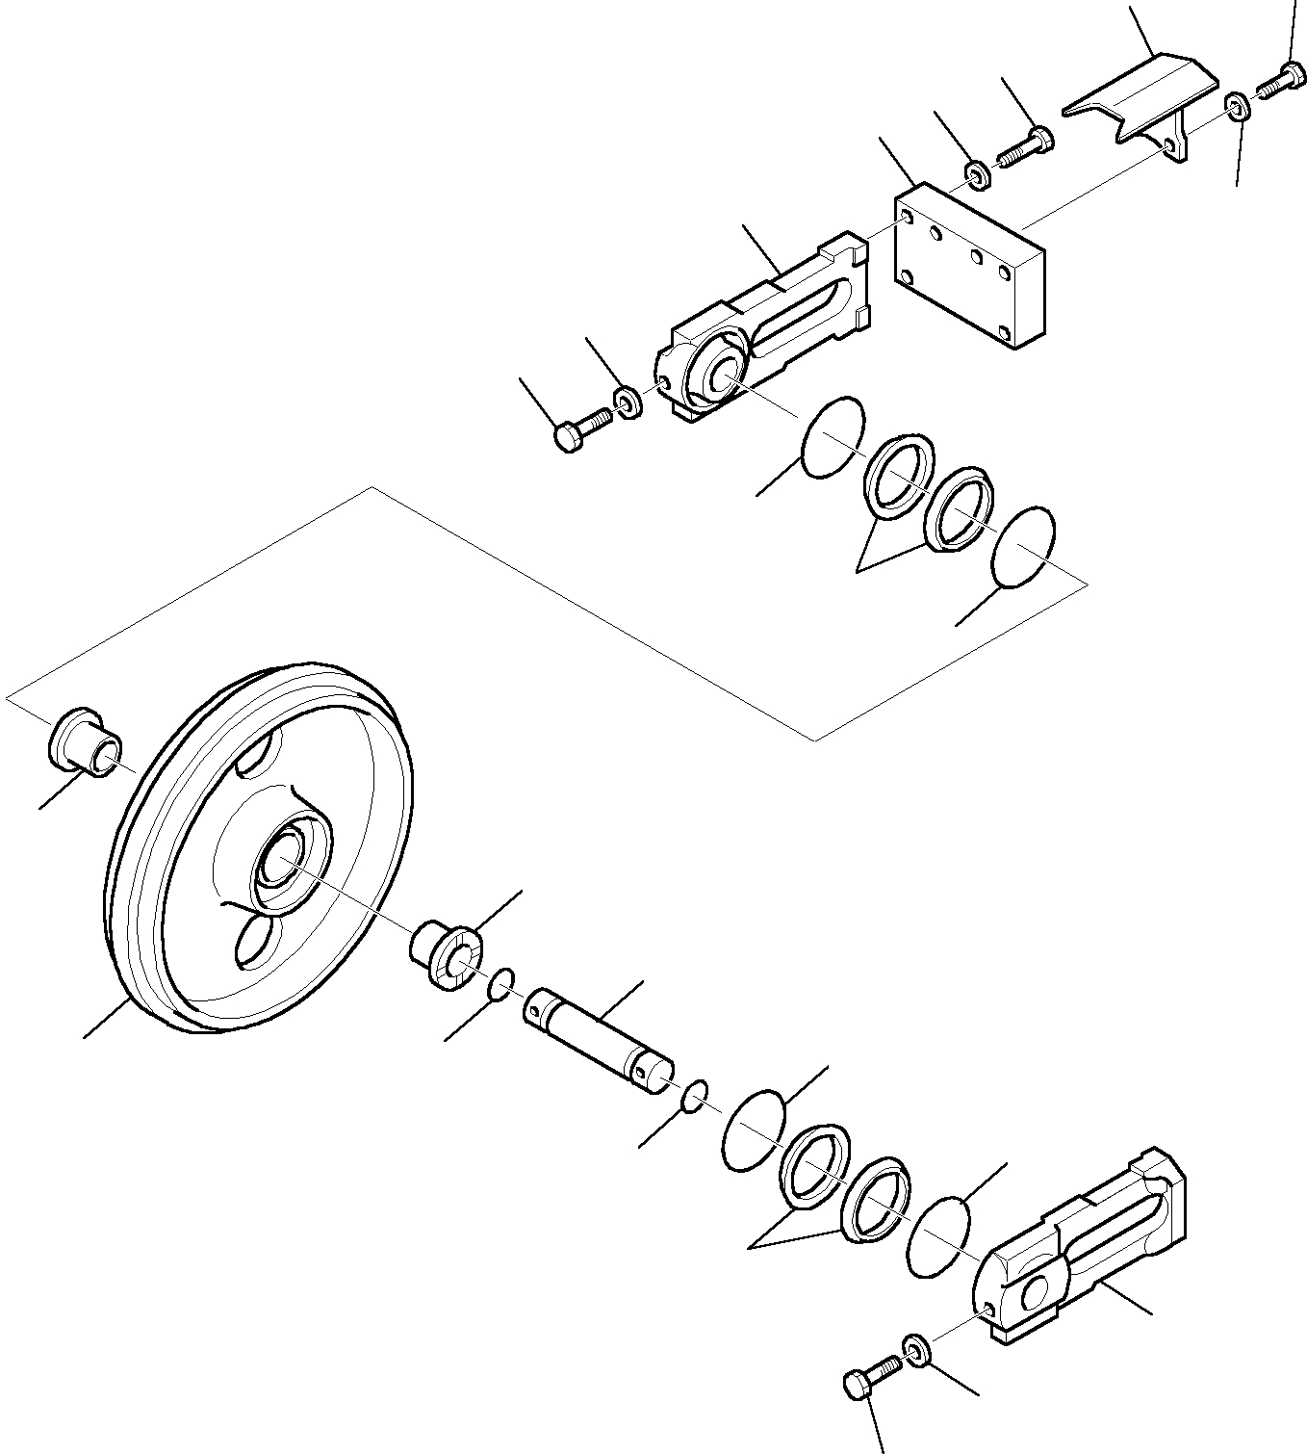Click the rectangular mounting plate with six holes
point(968,267)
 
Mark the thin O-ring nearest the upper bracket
point(833,436)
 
